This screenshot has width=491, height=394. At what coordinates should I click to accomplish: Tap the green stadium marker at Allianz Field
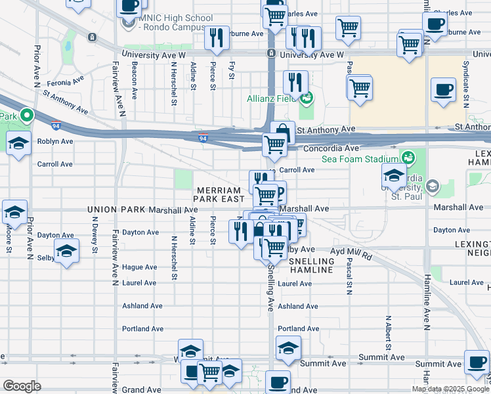pos(305,99)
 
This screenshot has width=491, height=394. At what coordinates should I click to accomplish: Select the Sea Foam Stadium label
pos(360,159)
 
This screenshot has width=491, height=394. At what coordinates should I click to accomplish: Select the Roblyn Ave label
pos(55,141)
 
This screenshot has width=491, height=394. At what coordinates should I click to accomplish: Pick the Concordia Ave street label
pos(331,149)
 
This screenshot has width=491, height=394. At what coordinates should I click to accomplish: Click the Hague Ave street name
pos(139,267)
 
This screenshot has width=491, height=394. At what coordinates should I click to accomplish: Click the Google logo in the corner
pos(22,386)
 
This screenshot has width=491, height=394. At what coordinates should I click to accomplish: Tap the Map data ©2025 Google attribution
pos(450,389)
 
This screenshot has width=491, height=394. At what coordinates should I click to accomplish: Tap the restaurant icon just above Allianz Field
pos(295,82)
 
